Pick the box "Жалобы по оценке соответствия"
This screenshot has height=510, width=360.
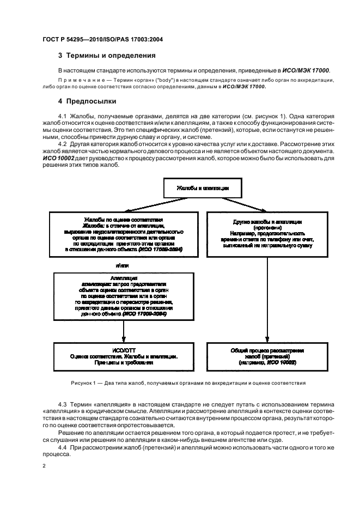pyautogui.click(x=124, y=234)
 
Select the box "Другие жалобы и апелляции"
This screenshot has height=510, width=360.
pyautogui.click(x=266, y=235)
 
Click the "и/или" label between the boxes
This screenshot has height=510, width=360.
pyautogui.click(x=123, y=265)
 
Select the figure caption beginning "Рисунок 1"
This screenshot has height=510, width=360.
pyautogui.click(x=180, y=383)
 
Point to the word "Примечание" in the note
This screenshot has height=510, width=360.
pyautogui.click(x=79, y=80)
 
